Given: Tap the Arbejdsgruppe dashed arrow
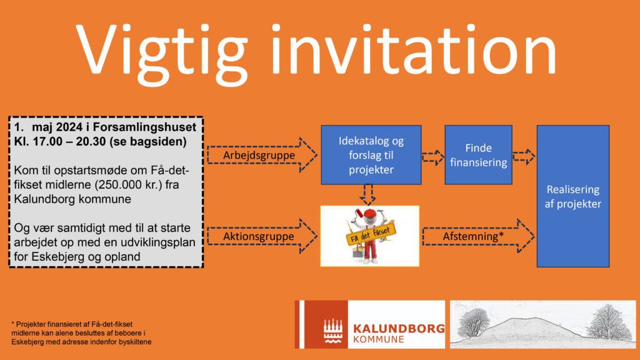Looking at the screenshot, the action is pyautogui.click(x=262, y=155).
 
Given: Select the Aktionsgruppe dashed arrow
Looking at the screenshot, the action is pyautogui.click(x=262, y=236).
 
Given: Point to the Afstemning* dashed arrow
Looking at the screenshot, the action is pyautogui.click(x=478, y=236).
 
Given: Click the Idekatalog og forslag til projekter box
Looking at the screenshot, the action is pyautogui.click(x=371, y=155).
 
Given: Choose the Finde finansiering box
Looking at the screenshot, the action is pyautogui.click(x=478, y=155).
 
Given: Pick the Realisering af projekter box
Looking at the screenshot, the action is pyautogui.click(x=573, y=196).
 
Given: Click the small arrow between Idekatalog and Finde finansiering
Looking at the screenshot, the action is pyautogui.click(x=433, y=157).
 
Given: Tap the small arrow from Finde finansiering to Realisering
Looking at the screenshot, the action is pyautogui.click(x=524, y=157).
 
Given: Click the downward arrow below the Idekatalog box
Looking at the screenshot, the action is pyautogui.click(x=367, y=195).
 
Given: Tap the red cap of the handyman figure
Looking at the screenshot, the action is pyautogui.click(x=370, y=213).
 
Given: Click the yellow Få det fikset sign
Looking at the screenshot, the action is pyautogui.click(x=371, y=234).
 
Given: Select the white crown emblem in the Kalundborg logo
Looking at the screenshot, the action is pyautogui.click(x=333, y=331).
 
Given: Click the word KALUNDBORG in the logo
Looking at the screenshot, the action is pyautogui.click(x=399, y=329).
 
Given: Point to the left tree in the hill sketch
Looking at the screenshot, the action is pyautogui.click(x=474, y=322).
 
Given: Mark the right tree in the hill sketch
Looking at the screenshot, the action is pyautogui.click(x=609, y=322).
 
